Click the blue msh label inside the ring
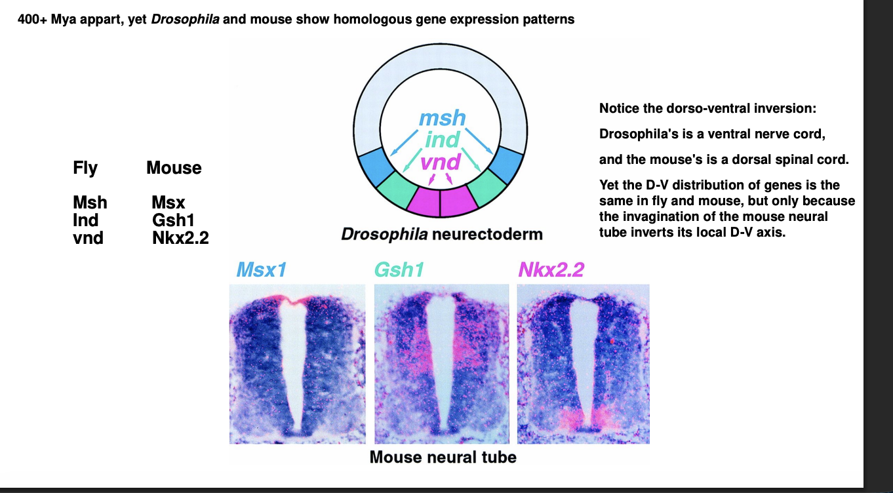(443, 119)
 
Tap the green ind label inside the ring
(443, 140)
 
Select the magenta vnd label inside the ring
(440, 161)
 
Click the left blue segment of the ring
(374, 166)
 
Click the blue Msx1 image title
(262, 269)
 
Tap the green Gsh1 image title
(399, 269)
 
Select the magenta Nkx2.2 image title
(551, 269)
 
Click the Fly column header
(85, 168)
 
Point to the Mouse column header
(174, 168)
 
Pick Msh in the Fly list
(90, 203)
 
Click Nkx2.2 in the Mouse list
(180, 237)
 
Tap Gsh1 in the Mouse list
(173, 220)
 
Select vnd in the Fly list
(88, 237)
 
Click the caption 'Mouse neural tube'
(443, 457)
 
